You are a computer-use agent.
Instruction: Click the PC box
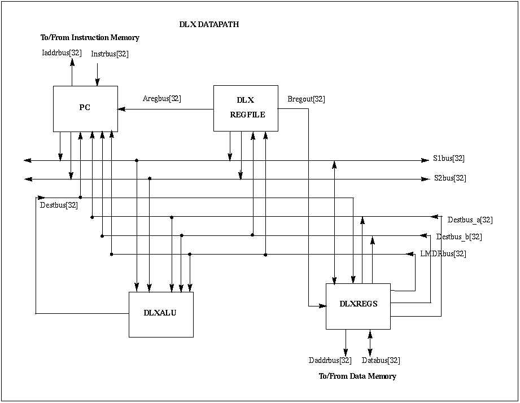tap(85, 108)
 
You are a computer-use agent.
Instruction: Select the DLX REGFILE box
tap(246, 108)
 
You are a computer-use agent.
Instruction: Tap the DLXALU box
tap(161, 314)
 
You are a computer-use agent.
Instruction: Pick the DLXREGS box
tap(358, 305)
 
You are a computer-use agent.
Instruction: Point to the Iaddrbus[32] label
tap(62, 54)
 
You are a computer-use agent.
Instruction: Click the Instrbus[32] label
tap(110, 54)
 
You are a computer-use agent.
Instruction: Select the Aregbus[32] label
tap(162, 99)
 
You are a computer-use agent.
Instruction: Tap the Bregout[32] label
tap(306, 99)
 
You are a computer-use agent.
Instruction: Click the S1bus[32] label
tap(449, 159)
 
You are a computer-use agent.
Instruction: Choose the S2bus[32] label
tap(450, 178)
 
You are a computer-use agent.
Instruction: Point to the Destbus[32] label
tap(59, 205)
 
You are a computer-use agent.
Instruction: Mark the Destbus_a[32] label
tap(470, 220)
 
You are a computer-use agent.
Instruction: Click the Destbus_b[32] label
tap(459, 237)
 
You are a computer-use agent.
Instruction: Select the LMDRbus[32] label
tap(443, 254)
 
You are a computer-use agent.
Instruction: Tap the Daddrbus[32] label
tap(330, 360)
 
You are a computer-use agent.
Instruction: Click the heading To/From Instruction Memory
tap(90, 38)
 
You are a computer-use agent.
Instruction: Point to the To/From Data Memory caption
tap(357, 376)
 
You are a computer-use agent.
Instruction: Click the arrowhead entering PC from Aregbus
tap(121, 109)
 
